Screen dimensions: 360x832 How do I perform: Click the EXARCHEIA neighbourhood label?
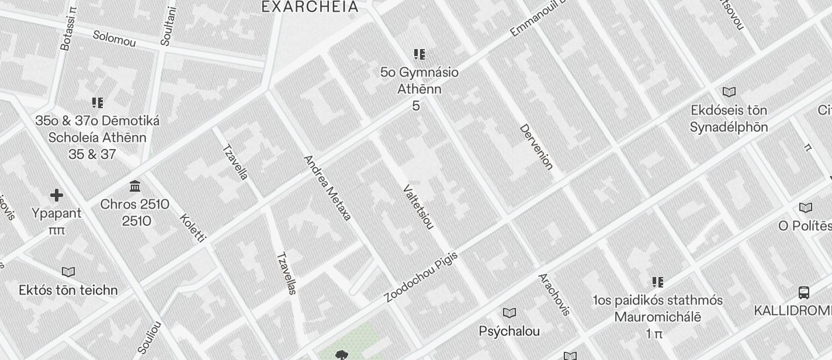click(310, 7)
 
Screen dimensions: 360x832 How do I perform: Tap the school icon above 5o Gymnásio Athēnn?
click(419, 55)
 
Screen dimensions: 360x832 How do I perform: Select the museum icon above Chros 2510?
click(135, 186)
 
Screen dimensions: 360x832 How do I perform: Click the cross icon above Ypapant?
click(57, 195)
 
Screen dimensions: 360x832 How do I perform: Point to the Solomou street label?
click(114, 39)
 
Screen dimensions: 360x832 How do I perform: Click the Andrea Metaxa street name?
click(327, 188)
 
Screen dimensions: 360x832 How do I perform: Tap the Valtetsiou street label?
click(418, 207)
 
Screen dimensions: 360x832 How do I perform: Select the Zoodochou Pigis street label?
click(421, 277)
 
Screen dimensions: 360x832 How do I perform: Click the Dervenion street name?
click(536, 147)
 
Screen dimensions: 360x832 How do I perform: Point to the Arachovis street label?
click(553, 294)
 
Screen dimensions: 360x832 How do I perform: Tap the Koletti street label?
click(193, 229)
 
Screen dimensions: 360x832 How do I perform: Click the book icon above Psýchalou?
click(509, 313)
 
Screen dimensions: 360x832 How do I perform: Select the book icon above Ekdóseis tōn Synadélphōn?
click(729, 92)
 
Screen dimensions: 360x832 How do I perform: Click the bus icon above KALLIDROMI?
click(804, 292)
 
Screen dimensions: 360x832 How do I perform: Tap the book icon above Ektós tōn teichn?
click(68, 272)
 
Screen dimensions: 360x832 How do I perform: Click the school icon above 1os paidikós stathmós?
click(658, 282)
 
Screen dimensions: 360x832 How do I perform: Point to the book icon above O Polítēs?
click(806, 207)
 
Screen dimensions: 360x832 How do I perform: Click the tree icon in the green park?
click(342, 355)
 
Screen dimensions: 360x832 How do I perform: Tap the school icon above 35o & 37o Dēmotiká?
click(98, 103)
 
